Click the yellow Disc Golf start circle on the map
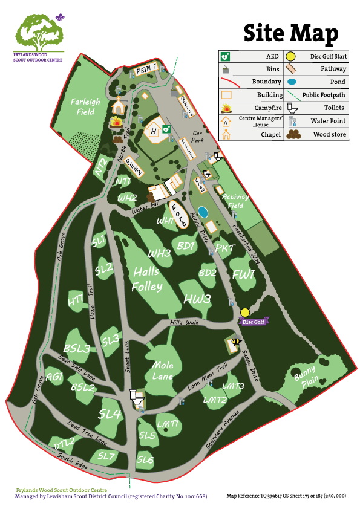[x=244, y=312]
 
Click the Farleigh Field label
[x=85, y=107]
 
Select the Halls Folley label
[x=148, y=278]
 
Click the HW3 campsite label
[x=197, y=299]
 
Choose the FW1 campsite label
[x=244, y=275]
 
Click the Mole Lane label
[x=163, y=371]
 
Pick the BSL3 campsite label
[x=77, y=349]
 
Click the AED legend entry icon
[x=226, y=56]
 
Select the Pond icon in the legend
[x=292, y=82]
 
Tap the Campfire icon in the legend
[x=226, y=108]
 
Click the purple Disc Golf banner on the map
[x=253, y=322]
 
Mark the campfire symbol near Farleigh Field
[x=116, y=122]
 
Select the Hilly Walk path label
[x=185, y=323]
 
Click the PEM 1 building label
[x=146, y=70]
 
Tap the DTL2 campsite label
[x=64, y=444]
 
